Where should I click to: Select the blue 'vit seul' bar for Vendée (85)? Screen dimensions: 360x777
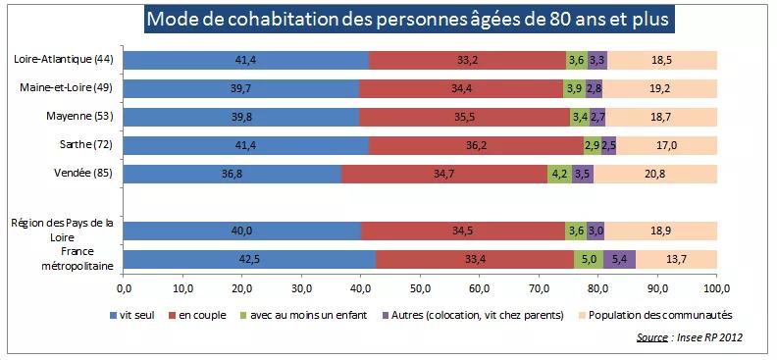click(233, 174)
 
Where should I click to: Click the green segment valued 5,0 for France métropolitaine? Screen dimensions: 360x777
click(589, 260)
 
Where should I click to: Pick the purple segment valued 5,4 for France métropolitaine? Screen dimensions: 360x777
click(619, 260)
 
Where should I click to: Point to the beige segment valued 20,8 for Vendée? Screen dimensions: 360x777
click(655, 174)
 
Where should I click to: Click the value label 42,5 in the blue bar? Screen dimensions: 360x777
click(249, 260)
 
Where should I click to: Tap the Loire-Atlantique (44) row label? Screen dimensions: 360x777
click(64, 60)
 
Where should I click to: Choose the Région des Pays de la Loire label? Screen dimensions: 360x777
click(63, 230)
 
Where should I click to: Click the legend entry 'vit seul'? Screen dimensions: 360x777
click(138, 315)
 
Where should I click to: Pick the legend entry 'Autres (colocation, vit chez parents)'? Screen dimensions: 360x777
click(474, 315)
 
